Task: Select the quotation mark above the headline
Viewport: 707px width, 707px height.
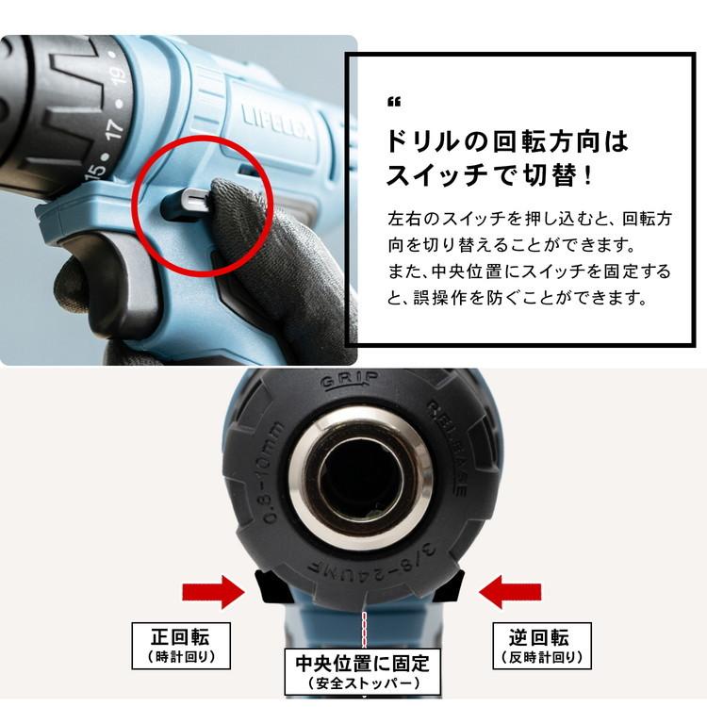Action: click(x=394, y=102)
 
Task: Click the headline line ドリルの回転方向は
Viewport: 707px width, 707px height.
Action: click(x=507, y=142)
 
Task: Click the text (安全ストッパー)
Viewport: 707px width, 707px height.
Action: click(x=362, y=683)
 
